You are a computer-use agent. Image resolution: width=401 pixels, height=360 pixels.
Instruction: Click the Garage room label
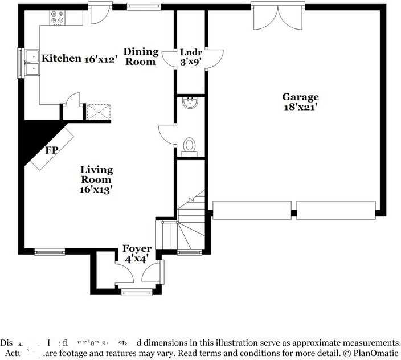point(300,97)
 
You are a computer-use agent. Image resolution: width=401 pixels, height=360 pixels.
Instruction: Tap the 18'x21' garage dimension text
point(300,107)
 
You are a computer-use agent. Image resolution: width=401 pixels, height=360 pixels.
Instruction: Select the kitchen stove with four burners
point(57,17)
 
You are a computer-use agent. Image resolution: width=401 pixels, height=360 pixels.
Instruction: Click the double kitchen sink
point(32,63)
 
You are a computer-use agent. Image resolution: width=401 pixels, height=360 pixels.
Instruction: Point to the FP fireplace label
point(52,151)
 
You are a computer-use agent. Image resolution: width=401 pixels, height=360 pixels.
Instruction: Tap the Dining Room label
point(141,56)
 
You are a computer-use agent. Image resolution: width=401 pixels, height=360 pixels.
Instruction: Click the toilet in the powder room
point(190,146)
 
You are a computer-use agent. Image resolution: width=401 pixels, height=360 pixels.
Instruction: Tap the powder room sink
point(190,103)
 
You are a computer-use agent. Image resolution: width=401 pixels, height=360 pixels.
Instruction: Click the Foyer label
point(137,249)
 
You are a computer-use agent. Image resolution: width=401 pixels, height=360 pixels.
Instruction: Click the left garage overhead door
point(252,210)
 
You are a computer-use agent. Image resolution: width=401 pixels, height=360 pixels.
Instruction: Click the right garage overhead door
point(336,210)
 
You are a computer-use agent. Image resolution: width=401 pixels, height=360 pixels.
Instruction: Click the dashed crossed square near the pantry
point(98,112)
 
